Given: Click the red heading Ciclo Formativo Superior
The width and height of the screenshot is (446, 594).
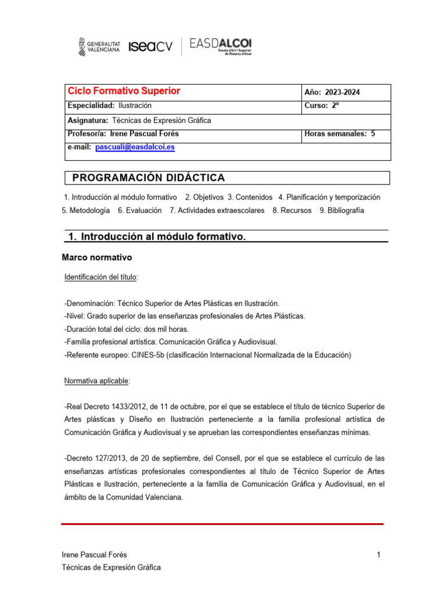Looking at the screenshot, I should click(x=124, y=91).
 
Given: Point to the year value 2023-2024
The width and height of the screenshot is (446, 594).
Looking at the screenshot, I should click(x=346, y=92).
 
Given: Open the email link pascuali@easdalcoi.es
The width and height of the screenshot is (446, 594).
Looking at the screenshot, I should click(x=135, y=147).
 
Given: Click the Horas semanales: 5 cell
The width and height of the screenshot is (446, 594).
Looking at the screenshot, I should click(x=340, y=134).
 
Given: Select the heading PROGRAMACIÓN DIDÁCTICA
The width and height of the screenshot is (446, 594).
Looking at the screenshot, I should click(x=149, y=178).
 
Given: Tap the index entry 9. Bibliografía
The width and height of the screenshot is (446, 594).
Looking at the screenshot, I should click(x=341, y=211).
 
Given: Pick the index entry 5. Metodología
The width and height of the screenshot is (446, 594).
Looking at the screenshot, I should click(x=85, y=211).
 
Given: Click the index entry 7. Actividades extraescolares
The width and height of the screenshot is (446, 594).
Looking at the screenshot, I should click(x=217, y=211).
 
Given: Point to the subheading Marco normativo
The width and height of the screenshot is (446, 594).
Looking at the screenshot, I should click(x=97, y=257).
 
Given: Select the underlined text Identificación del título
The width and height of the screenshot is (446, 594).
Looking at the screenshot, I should click(x=100, y=278).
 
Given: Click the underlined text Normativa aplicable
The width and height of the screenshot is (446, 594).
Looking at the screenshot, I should click(x=97, y=381).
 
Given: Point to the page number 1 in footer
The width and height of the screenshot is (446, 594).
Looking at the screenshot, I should click(x=378, y=555).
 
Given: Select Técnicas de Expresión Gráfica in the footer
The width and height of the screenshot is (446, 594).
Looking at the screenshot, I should click(x=111, y=567).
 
